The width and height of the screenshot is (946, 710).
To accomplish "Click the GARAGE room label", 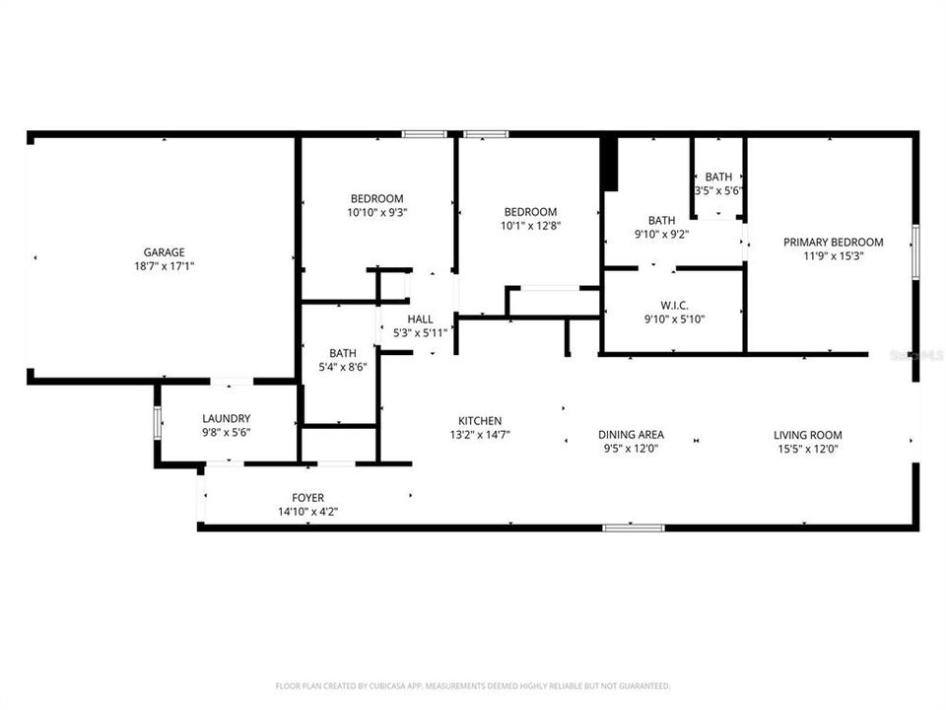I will tap(165, 252).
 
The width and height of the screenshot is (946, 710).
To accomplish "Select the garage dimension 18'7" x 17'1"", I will tap(165, 266).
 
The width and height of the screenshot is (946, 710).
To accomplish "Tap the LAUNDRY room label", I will tap(227, 418).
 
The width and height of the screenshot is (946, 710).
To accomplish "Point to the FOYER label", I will tap(307, 498).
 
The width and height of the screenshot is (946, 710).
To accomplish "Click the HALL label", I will tap(421, 319).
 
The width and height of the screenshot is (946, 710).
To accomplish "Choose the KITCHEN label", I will tap(480, 420).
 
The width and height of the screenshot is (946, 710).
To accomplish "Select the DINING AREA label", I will tap(631, 434).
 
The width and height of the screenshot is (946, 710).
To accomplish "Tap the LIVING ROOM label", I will tap(807, 434).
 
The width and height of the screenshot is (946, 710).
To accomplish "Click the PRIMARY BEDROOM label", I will tap(833, 242).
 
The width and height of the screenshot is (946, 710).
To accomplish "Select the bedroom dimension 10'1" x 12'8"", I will tap(530, 225).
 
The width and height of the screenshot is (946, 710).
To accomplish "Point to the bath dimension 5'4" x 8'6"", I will tap(343, 366).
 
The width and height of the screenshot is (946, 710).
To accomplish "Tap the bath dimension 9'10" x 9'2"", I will tap(661, 234).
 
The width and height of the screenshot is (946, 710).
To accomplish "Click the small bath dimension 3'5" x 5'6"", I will tap(718, 190).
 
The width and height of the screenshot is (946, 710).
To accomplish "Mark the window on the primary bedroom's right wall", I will tap(915, 250).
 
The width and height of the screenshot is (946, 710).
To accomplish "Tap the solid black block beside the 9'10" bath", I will tap(609, 164).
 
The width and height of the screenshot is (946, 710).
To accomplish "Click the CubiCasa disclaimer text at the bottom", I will tap(473, 685).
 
